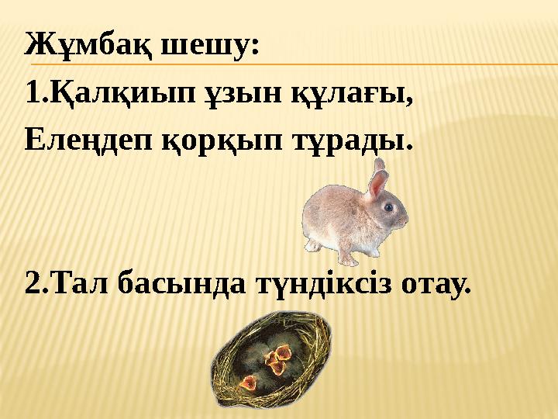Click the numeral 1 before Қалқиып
pyautogui.click(x=31, y=96)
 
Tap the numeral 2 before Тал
pyautogui.click(x=32, y=285)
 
